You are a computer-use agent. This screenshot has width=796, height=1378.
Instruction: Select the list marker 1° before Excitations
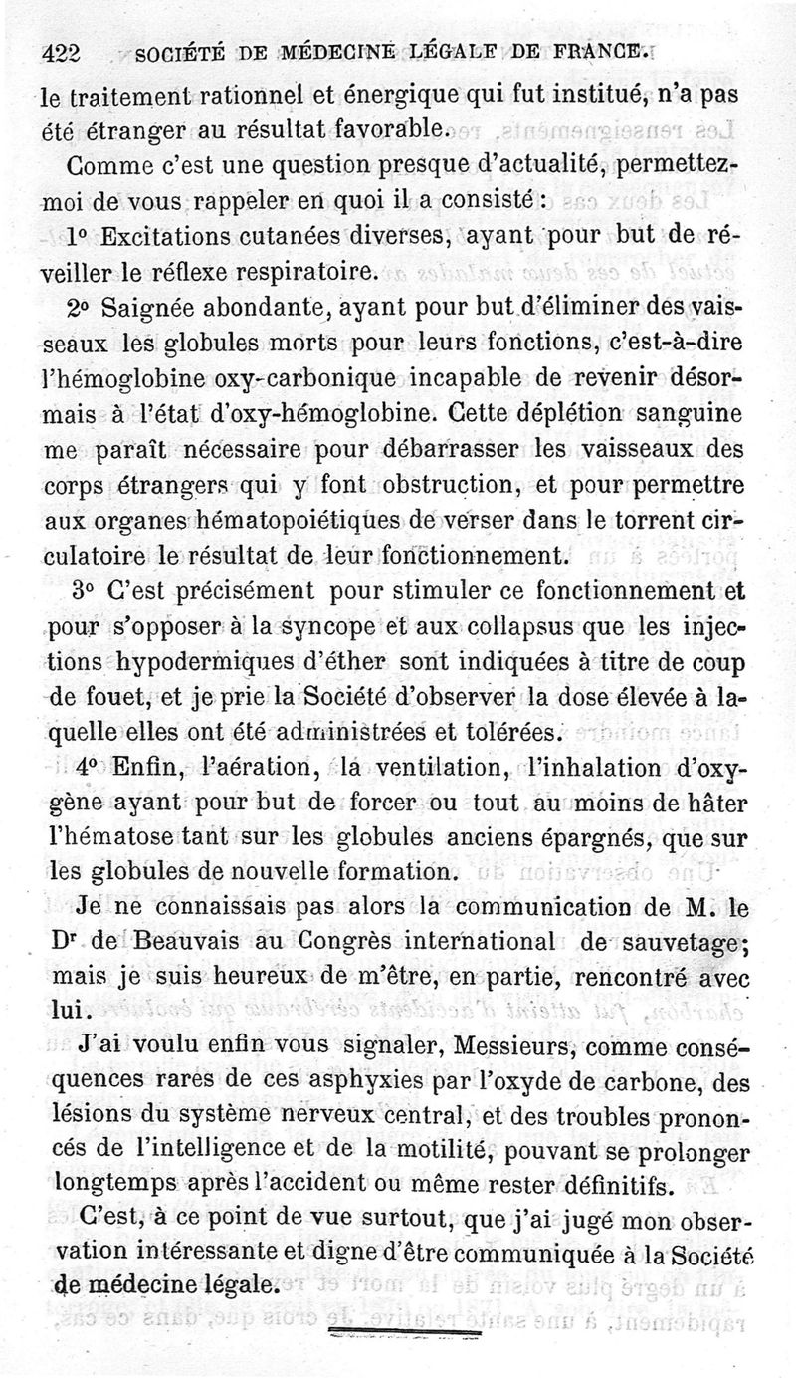[81, 237]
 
